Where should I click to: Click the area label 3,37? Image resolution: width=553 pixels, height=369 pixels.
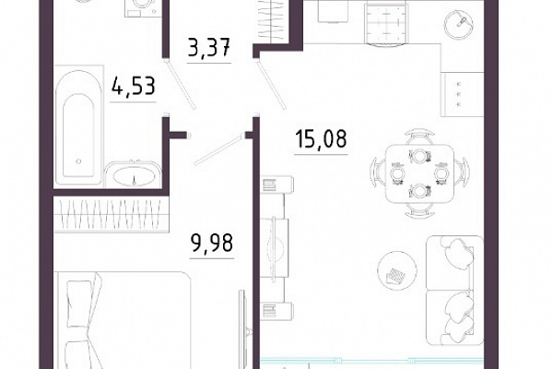[209, 47]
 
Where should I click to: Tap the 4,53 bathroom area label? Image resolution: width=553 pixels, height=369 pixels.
[134, 86]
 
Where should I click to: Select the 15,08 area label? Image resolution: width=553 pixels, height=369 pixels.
[322, 138]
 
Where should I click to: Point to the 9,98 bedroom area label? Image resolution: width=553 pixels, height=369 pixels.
[212, 244]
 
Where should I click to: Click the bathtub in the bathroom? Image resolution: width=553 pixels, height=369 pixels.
[78, 126]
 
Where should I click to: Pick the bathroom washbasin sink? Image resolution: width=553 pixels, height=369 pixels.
[134, 174]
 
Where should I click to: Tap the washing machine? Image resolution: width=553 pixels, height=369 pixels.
[141, 8]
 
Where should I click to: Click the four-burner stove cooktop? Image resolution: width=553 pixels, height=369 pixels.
[387, 24]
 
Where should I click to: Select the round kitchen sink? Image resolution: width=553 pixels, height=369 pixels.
[459, 22]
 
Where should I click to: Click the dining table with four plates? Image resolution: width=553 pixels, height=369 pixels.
[419, 173]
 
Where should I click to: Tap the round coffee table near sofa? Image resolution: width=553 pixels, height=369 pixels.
[397, 270]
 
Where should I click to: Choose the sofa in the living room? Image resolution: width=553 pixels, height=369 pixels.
[454, 291]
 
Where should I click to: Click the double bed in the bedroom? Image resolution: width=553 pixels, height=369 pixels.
[123, 320]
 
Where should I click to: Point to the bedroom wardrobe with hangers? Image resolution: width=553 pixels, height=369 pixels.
[111, 214]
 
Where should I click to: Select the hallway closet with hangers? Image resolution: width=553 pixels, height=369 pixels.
[274, 20]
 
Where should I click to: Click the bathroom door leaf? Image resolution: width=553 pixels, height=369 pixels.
[180, 85]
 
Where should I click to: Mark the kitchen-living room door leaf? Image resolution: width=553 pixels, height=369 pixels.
[272, 85]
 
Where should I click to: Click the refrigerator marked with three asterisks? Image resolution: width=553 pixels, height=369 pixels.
[462, 94]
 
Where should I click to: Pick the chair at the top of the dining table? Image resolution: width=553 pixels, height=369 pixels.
[419, 137]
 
